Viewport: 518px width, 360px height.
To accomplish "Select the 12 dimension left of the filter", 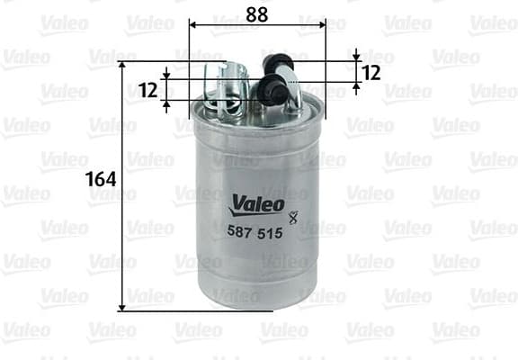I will [x=149, y=89].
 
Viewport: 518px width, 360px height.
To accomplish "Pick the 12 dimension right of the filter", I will [x=370, y=72].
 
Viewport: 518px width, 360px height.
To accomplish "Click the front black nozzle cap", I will [x=267, y=90].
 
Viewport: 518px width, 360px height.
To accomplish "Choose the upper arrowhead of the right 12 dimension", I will [x=356, y=56].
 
